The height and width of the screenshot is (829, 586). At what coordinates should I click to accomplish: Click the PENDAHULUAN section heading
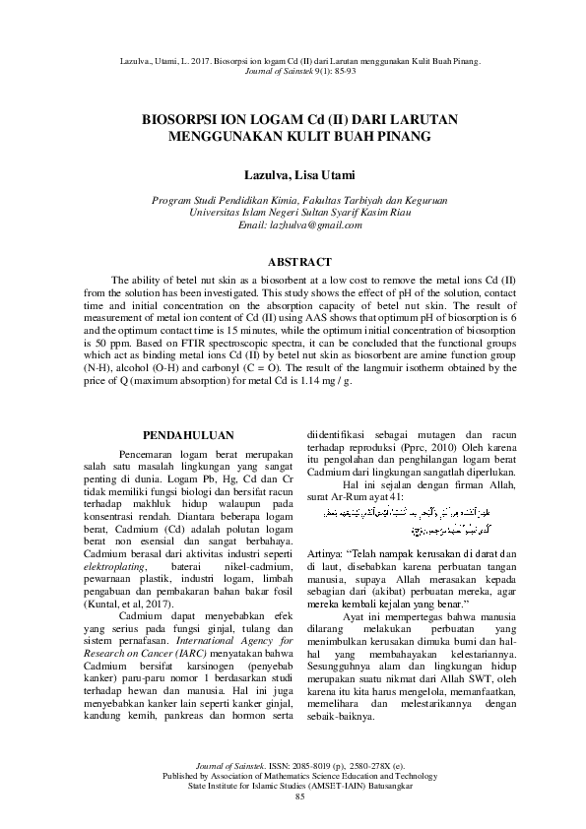pyautogui.click(x=188, y=434)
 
